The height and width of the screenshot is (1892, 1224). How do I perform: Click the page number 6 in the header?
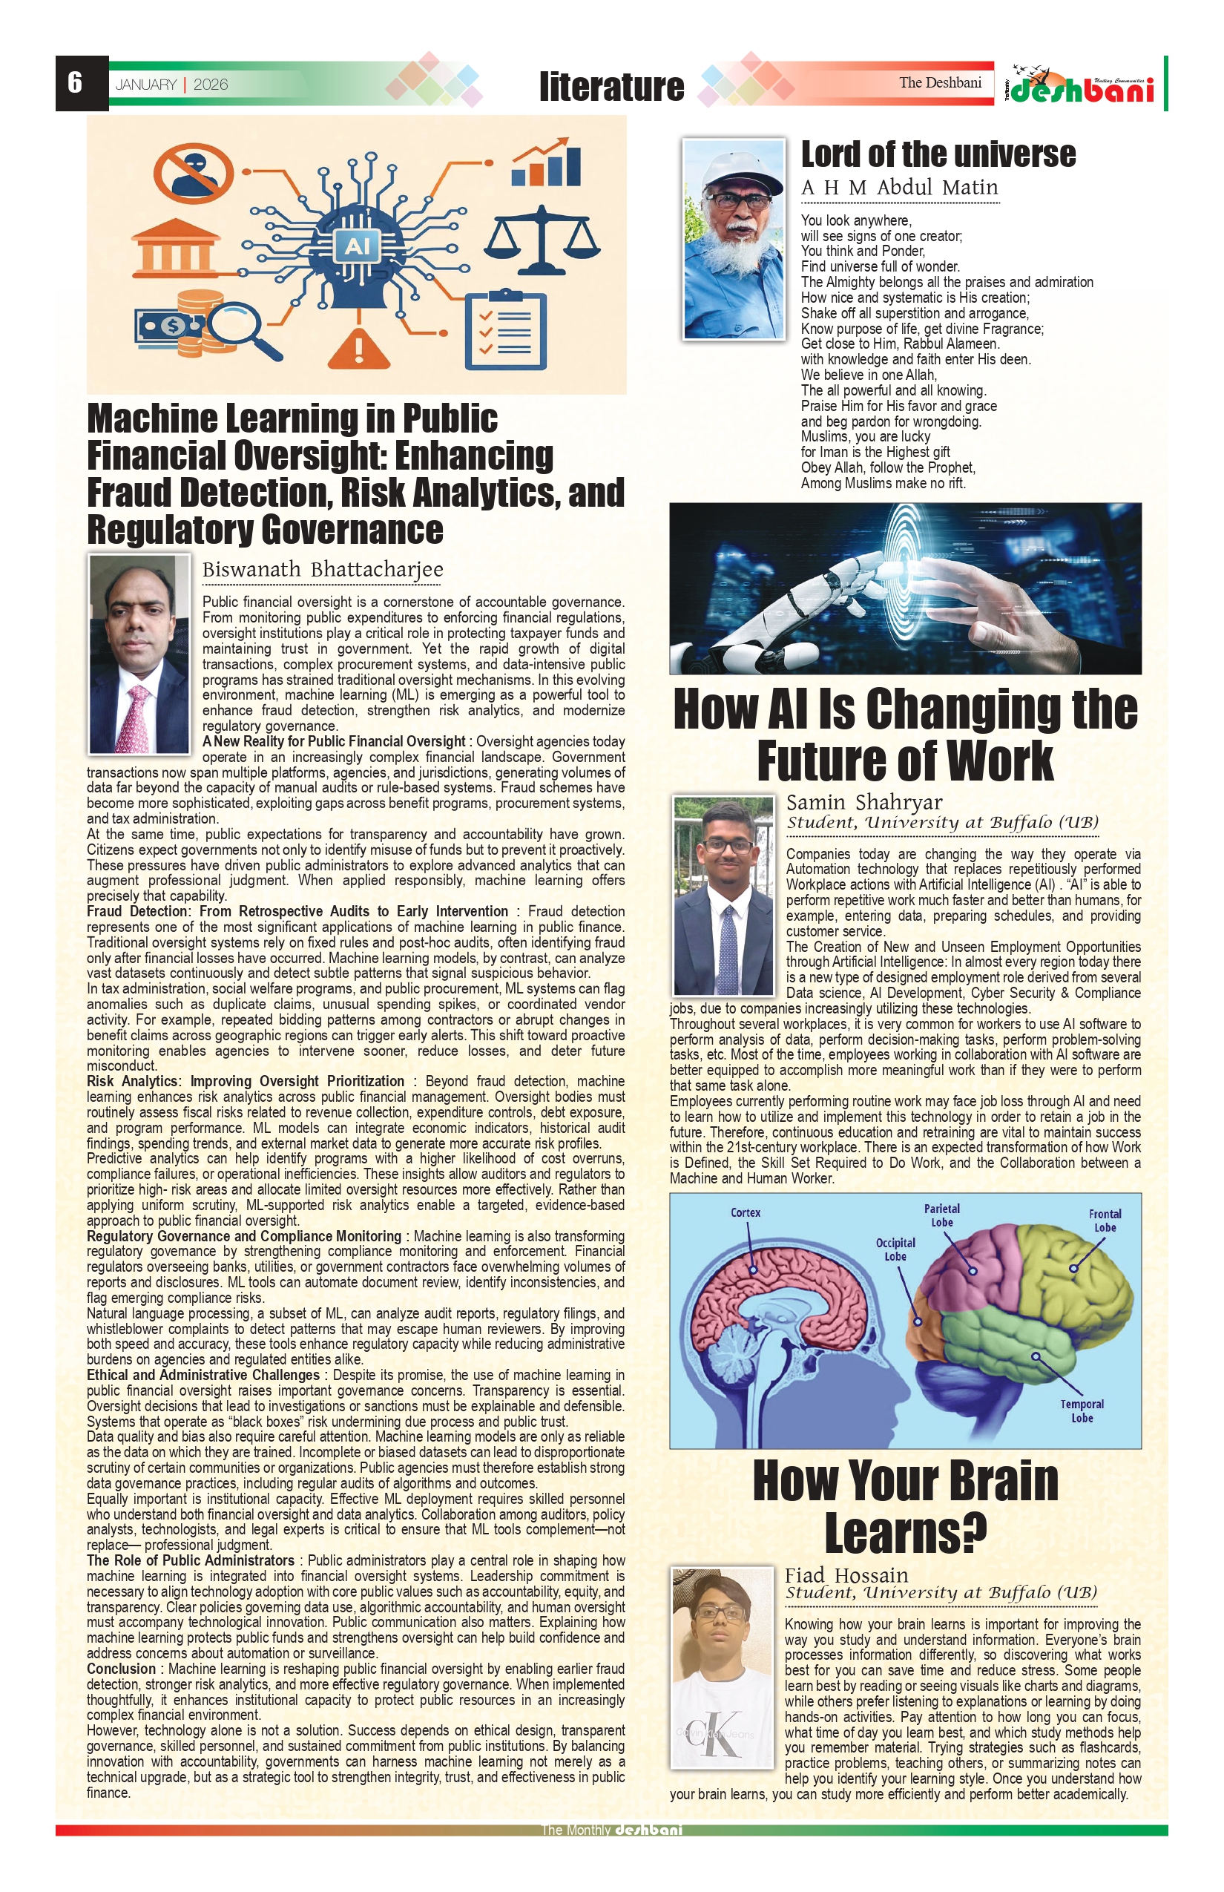pyautogui.click(x=76, y=82)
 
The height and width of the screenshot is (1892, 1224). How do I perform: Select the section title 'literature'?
pyautogui.click(x=611, y=87)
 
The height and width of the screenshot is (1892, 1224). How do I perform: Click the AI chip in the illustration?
pyautogui.click(x=357, y=246)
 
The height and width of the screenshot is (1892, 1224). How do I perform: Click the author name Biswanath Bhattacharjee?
pyautogui.click(x=323, y=569)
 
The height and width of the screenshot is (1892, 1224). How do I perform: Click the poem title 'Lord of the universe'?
pyautogui.click(x=938, y=154)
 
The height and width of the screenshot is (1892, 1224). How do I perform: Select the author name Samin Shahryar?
pyautogui.click(x=864, y=802)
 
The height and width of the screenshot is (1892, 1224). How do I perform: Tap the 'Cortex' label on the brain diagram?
pyautogui.click(x=746, y=1212)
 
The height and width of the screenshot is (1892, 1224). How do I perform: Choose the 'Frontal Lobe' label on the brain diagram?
pyautogui.click(x=1105, y=1221)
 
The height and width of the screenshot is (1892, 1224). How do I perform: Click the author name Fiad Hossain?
pyautogui.click(x=846, y=1574)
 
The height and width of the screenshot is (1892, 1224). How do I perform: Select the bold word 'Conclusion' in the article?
pyautogui.click(x=122, y=1669)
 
